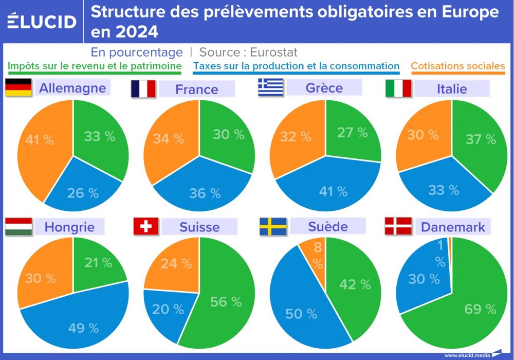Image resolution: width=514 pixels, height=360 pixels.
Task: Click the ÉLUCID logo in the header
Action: [x=42, y=21]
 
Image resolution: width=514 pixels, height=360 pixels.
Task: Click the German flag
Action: [x=19, y=88]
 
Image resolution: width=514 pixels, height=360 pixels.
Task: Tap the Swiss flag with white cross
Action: [x=146, y=227]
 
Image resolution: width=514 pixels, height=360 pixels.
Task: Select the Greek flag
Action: [x=270, y=87]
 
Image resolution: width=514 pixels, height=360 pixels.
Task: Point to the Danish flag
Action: [x=398, y=227]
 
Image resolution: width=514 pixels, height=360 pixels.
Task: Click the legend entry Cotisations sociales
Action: [x=457, y=66]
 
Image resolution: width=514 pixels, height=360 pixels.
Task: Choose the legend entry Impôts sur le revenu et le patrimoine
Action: [x=95, y=66]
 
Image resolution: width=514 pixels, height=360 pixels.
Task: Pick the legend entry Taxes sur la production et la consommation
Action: [x=296, y=66]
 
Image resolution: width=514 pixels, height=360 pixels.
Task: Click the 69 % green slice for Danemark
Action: [x=463, y=303]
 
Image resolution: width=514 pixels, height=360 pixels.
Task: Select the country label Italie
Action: [x=452, y=88]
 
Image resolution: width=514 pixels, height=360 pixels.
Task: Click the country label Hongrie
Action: [x=69, y=227]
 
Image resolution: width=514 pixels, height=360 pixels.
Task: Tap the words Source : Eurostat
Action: [x=248, y=52]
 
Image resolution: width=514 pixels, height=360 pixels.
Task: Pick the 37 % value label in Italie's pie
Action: [x=481, y=139]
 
